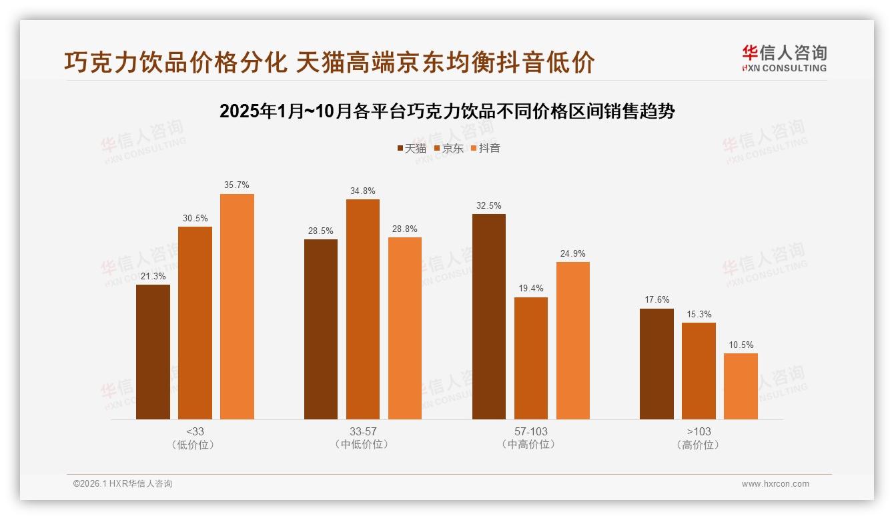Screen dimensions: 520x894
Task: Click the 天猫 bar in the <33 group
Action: [153, 352]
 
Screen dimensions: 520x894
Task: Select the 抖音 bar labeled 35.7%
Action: [237, 307]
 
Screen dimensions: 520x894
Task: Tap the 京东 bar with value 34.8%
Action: [362, 309]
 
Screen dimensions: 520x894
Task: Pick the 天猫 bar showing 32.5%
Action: [489, 317]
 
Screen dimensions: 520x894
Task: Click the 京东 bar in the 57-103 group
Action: [531, 358]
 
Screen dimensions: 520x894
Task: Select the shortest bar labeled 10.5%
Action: [741, 386]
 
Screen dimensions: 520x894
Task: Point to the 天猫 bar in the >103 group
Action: [656, 364]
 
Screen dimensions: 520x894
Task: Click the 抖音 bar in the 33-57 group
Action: [405, 328]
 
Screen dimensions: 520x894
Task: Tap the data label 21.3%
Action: [153, 276]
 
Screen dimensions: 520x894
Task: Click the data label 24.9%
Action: [572, 253]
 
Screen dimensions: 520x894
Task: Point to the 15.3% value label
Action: [699, 314]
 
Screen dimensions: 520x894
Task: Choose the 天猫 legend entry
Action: [412, 149]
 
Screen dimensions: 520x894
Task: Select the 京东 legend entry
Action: [449, 149]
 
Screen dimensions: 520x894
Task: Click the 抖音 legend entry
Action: [486, 149]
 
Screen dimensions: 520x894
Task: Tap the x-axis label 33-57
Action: [362, 431]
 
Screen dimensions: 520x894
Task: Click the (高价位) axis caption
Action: [699, 445]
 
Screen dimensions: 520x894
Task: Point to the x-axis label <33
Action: [195, 431]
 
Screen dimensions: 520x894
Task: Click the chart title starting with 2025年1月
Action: [447, 111]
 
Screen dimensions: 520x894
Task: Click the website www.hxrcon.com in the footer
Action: [775, 484]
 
